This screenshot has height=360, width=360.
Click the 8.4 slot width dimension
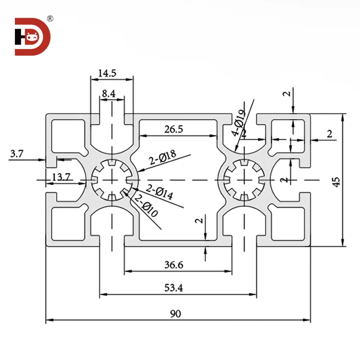click(x=108, y=95)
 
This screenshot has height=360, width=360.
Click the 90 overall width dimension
click(x=176, y=314)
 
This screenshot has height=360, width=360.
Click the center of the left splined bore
click(x=112, y=180)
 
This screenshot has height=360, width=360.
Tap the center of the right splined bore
click(x=243, y=180)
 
